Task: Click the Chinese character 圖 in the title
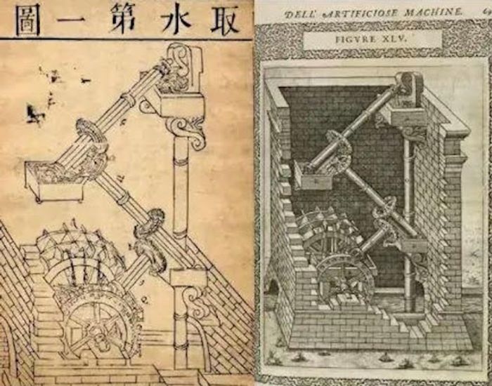coord(27,15)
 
